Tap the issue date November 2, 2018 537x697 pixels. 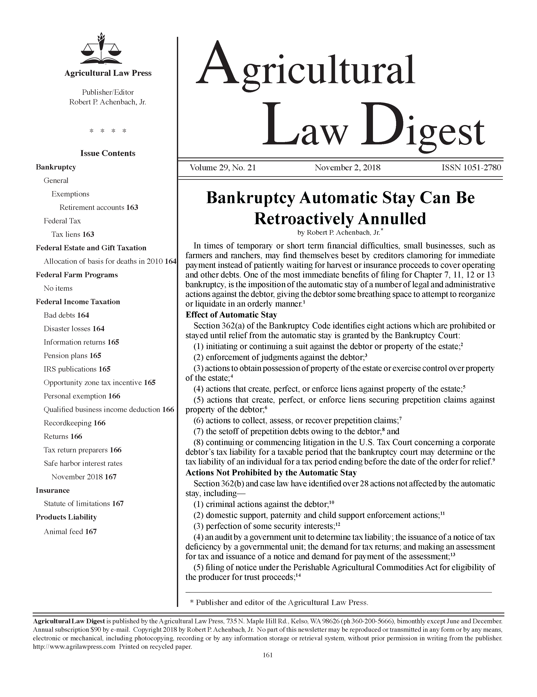tap(347, 168)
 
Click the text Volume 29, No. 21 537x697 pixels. tap(223, 168)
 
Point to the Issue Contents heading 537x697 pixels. tap(108, 153)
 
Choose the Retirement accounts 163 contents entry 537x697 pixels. tap(99, 207)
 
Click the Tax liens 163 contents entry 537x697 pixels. tap(73, 235)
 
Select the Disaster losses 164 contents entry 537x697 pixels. tap(74, 329)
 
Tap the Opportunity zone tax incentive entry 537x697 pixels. tap(99, 383)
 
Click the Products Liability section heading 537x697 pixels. tap(66, 517)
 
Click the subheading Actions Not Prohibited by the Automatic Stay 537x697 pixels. tap(271, 473)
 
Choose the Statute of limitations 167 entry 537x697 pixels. tap(83, 504)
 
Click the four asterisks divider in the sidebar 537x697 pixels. tap(108, 131)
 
